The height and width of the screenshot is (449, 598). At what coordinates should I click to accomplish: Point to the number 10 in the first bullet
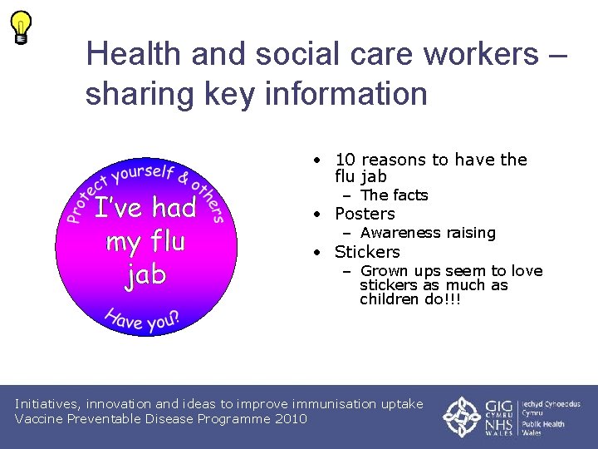click(x=345, y=160)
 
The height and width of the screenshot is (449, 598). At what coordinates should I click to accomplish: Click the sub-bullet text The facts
click(x=394, y=195)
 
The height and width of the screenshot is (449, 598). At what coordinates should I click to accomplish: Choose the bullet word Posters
click(x=365, y=214)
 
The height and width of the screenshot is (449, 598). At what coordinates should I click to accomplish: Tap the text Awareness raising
click(x=428, y=233)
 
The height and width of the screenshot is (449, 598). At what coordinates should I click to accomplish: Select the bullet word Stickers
click(x=367, y=252)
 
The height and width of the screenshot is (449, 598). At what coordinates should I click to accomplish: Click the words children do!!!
click(x=410, y=299)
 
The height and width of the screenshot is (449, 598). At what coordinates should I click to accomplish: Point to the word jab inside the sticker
click(x=146, y=275)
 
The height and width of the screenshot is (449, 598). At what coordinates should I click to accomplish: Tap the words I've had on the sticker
click(x=145, y=208)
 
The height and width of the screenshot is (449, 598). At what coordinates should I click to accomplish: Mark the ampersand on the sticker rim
click(x=184, y=176)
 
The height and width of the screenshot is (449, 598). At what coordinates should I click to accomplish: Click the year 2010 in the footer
click(x=290, y=418)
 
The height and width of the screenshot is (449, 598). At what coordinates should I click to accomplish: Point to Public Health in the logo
click(x=543, y=423)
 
